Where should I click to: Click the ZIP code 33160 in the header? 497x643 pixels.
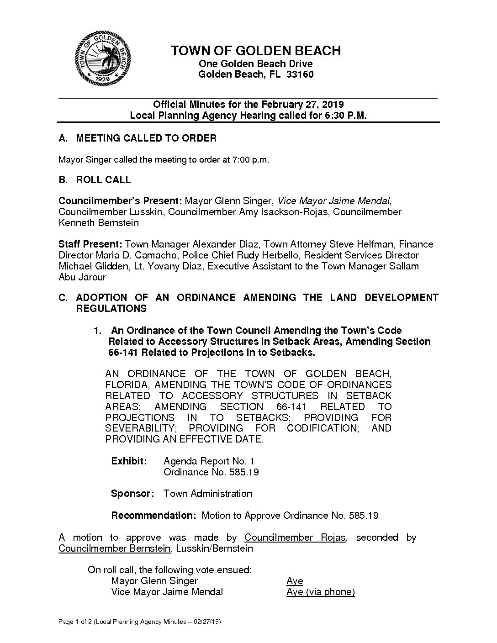click(300, 74)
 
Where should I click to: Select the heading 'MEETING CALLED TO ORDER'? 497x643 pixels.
click(146, 138)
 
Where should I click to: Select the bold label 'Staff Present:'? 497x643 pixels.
click(90, 244)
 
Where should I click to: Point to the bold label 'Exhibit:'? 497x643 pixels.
click(129, 461)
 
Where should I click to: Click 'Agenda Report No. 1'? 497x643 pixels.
click(209, 461)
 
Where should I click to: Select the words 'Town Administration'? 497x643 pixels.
click(207, 494)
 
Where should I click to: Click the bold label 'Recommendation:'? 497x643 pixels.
click(154, 516)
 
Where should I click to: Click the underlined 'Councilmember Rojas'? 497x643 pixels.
click(295, 538)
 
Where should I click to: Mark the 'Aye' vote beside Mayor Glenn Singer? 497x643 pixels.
click(295, 581)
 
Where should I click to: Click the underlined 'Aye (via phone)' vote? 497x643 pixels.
click(320, 592)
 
